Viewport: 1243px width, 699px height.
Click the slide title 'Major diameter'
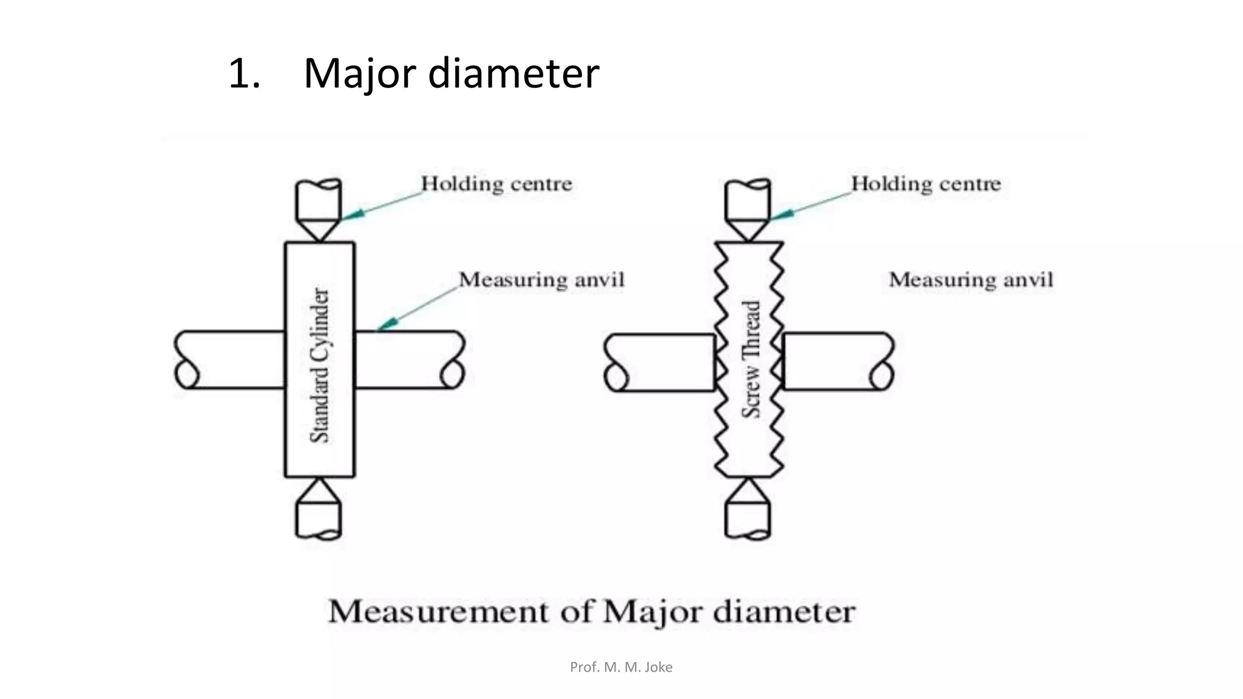pos(451,73)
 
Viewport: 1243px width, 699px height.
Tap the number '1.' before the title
pos(245,73)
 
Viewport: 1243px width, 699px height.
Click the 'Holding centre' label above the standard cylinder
pos(496,184)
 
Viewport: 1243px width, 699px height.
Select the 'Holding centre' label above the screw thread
pos(926,184)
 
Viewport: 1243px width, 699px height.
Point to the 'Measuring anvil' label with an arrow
pos(541,280)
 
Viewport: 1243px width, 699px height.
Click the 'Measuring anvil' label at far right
pos(971,280)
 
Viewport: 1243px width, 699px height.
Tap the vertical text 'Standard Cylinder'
pos(320,365)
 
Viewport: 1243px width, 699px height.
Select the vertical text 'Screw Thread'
pos(751,359)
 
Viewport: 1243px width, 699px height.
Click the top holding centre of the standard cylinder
pos(319,209)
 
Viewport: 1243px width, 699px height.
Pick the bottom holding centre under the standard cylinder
pos(319,508)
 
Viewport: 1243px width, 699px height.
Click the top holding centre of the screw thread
pos(748,209)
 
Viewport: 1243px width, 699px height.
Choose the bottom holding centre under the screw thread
pos(748,508)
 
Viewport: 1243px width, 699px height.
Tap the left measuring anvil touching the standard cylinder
pos(229,359)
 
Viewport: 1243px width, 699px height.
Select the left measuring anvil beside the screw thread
pos(659,362)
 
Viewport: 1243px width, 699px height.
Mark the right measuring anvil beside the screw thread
pos(838,361)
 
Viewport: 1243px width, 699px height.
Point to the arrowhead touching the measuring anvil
pos(387,324)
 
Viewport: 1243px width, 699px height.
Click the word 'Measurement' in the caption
pos(438,612)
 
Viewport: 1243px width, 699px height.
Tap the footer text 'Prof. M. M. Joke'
pos(621,667)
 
